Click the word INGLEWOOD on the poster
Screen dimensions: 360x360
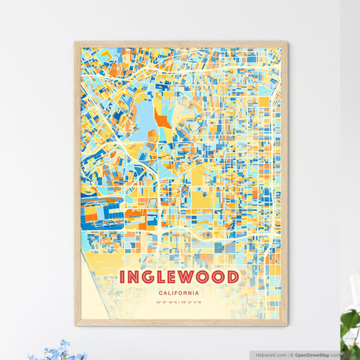click(179, 277)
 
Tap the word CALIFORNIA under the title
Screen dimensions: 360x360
click(180, 293)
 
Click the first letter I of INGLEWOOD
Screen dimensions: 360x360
click(123, 277)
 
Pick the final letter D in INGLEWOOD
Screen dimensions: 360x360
click(232, 277)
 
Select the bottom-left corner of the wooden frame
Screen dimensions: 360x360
click(76, 325)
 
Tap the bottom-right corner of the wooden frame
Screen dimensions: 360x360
click(286, 325)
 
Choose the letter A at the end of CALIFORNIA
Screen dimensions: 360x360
click(197, 293)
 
